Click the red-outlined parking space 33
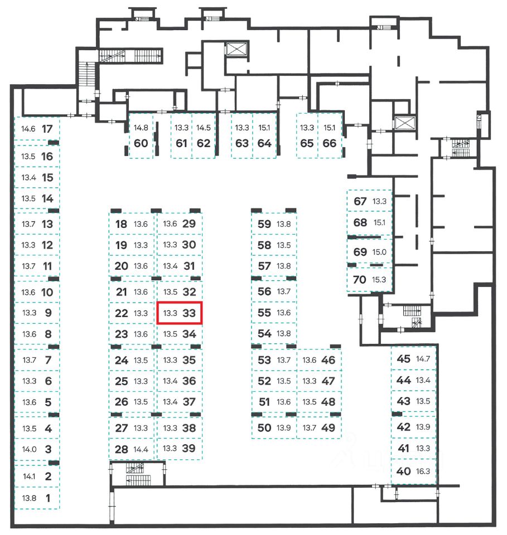point(179,313)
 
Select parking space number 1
point(47,498)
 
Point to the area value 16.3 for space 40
point(423,471)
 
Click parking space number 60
point(141,143)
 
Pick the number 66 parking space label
point(330,143)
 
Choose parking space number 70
point(360,279)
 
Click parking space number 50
point(264,428)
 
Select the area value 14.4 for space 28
point(141,449)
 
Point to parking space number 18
point(121,225)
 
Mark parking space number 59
point(264,225)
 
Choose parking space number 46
point(329,360)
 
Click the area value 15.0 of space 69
point(379,252)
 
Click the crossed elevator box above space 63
point(235,49)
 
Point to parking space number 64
point(264,143)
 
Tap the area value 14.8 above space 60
point(141,128)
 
